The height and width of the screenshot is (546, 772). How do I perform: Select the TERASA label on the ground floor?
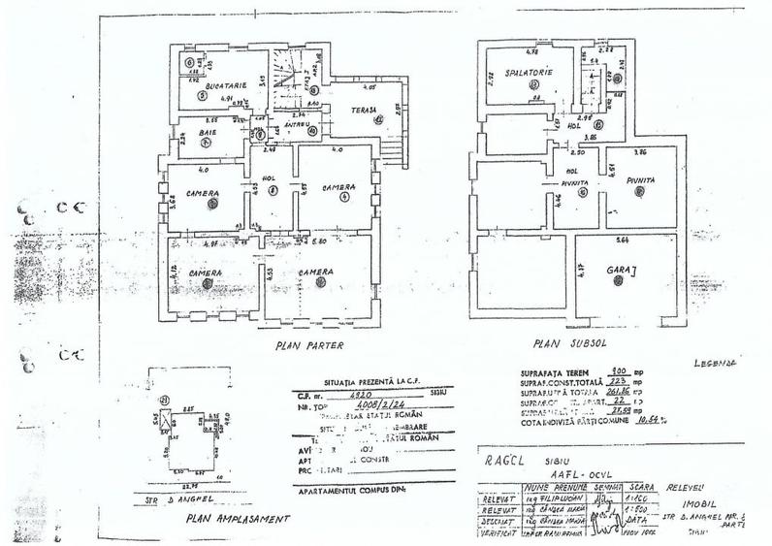pos(363,96)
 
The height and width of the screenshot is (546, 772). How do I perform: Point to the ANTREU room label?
pos(298,125)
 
